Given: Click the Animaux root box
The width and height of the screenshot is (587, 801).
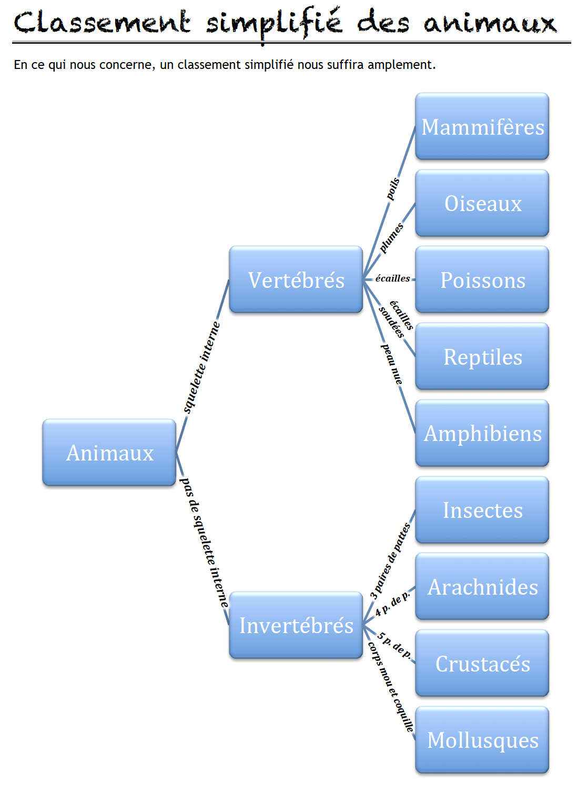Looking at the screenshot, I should point(109,453).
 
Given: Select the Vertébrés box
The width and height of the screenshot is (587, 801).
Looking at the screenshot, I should point(296,279).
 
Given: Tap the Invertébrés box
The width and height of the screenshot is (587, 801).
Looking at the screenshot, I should point(296,625).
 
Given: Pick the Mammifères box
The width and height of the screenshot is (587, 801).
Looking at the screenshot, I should point(482,126).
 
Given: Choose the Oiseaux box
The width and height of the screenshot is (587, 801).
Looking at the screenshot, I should point(482,203).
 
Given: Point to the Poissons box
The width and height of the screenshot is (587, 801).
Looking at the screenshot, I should point(482,279).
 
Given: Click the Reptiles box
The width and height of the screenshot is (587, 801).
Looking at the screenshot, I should point(482,356).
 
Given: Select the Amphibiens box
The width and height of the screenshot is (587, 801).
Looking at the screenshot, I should point(482,433).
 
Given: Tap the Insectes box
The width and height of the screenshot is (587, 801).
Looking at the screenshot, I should point(482,510).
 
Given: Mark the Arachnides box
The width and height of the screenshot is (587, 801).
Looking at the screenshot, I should point(482,586).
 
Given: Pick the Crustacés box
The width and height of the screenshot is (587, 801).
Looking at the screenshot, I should point(482,663).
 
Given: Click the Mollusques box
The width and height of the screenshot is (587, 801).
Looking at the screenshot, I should point(482,740).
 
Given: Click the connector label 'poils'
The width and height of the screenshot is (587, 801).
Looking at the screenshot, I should point(393,189).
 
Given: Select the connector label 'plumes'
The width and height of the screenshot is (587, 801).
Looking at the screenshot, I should point(391,238).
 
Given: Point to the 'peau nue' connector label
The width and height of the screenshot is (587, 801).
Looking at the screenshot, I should point(392,364).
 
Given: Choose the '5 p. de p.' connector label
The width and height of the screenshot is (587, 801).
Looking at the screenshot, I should point(394,646).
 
